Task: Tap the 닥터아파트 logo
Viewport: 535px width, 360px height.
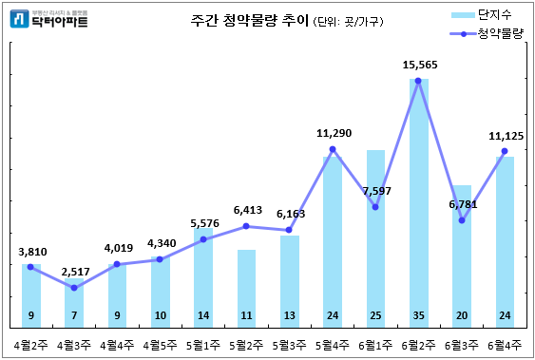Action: coord(48,18)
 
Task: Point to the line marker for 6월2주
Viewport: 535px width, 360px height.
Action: coord(418,81)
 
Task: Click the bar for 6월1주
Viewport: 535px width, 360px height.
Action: coord(375,237)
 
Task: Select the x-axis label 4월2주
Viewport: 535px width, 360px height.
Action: coord(31,345)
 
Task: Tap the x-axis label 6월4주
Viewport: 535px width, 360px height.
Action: coord(505,345)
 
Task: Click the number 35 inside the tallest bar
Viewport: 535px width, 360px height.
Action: coord(418,315)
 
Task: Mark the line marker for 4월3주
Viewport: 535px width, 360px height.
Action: coord(74,288)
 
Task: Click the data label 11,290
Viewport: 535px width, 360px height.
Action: coord(333,133)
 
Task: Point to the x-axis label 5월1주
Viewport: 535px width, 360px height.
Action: coord(203,345)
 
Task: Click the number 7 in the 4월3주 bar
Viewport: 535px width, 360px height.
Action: coord(74,315)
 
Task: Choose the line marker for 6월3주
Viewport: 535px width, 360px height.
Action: coord(462,220)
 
